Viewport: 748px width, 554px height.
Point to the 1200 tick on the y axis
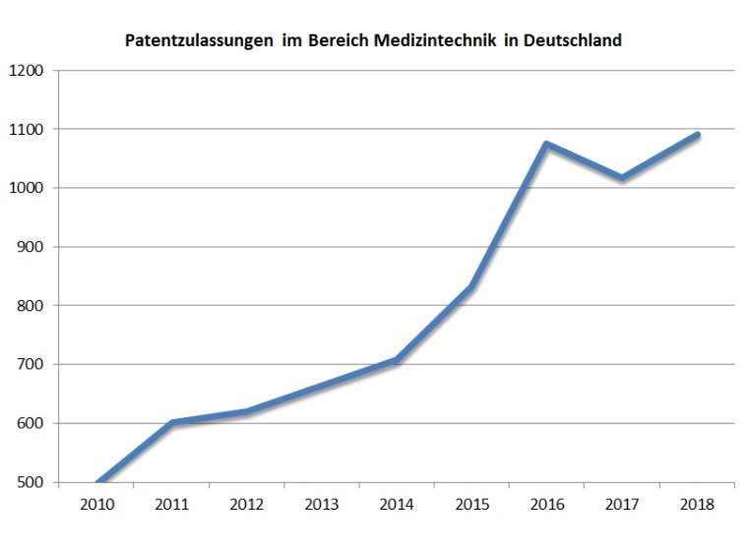tap(28, 71)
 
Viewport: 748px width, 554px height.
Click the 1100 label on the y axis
tap(28, 130)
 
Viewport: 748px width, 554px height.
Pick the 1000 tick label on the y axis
tap(28, 189)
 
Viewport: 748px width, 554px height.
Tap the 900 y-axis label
tap(31, 248)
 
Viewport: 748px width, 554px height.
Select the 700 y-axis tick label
tap(31, 365)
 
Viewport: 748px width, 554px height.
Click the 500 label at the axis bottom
tap(31, 483)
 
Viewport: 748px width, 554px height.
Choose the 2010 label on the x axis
tap(97, 505)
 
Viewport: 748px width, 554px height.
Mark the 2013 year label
tap(322, 505)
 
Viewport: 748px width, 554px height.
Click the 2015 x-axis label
tap(472, 505)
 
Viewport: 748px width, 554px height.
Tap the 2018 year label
tap(697, 505)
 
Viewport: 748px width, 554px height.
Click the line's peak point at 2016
tap(546, 145)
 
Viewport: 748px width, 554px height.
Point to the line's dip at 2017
tap(622, 178)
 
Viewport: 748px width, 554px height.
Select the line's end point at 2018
tap(697, 135)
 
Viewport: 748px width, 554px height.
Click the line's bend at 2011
tap(172, 423)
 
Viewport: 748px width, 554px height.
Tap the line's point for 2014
tap(397, 360)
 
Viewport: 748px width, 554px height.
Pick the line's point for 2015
tap(472, 287)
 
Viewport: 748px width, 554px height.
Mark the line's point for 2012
tap(247, 411)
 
